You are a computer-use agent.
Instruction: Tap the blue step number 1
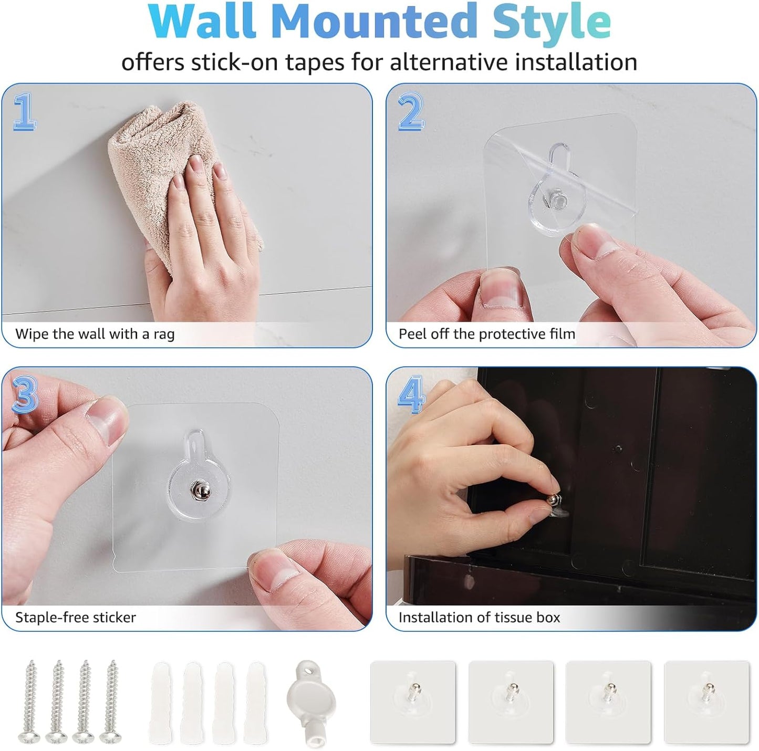(24, 111)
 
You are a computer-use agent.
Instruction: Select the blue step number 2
(411, 111)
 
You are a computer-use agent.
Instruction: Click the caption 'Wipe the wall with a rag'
(95, 334)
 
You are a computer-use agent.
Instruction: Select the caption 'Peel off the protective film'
(486, 334)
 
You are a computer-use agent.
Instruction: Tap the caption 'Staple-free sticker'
(75, 617)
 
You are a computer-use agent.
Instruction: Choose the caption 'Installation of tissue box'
(479, 617)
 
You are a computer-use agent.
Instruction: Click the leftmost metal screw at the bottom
(31, 701)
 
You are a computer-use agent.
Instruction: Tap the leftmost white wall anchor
(160, 703)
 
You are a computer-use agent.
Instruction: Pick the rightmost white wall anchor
(256, 703)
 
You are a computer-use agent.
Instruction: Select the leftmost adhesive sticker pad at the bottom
(413, 702)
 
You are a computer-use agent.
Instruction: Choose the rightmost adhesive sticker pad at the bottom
(706, 702)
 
